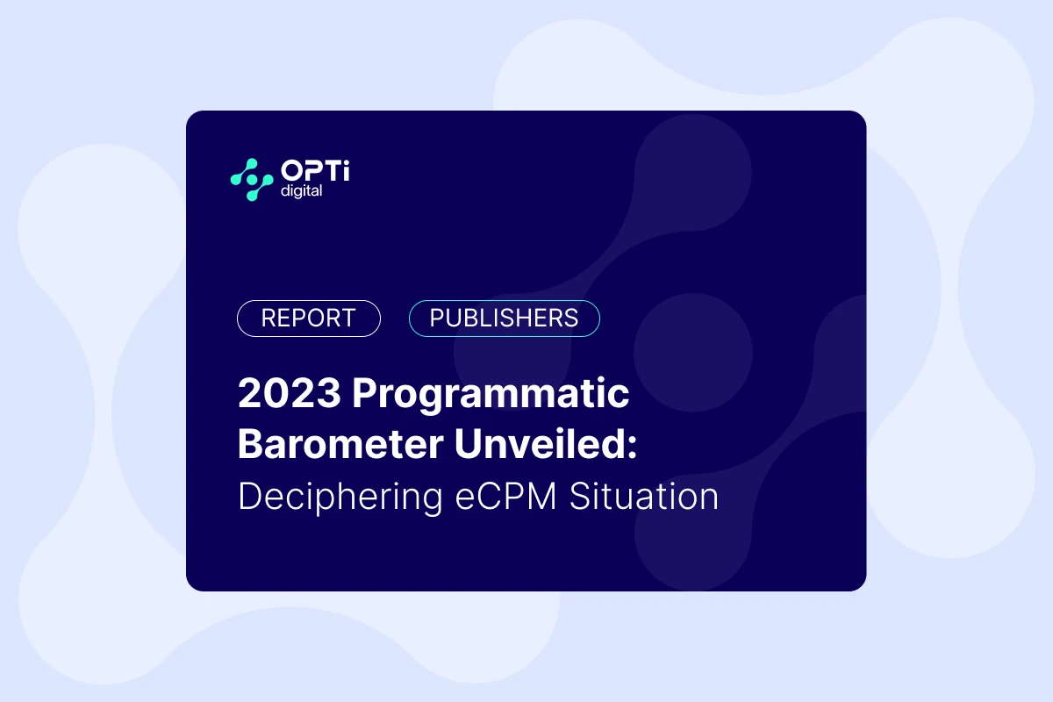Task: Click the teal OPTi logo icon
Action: (253, 180)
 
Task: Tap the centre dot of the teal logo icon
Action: (253, 180)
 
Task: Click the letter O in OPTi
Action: (291, 171)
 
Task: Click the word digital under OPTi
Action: (298, 190)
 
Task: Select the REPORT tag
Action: (309, 319)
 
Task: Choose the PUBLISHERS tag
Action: (505, 319)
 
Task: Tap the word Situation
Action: (644, 497)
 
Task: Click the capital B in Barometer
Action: (251, 444)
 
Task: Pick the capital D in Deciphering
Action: (250, 497)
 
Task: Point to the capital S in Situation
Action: (580, 497)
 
